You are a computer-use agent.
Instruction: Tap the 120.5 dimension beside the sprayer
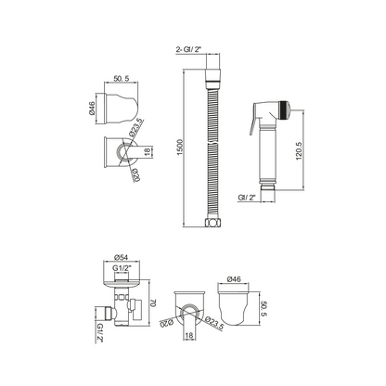(x=299, y=151)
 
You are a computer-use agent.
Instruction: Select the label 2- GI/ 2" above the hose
(x=188, y=49)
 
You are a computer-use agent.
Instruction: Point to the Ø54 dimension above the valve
(x=121, y=257)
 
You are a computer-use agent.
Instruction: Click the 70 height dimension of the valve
(x=153, y=302)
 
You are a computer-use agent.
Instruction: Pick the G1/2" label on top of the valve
(x=121, y=268)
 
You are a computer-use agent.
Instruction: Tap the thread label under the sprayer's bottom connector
(x=247, y=198)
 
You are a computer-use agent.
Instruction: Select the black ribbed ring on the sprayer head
(x=282, y=110)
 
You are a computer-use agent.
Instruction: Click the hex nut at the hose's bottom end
(x=212, y=223)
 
